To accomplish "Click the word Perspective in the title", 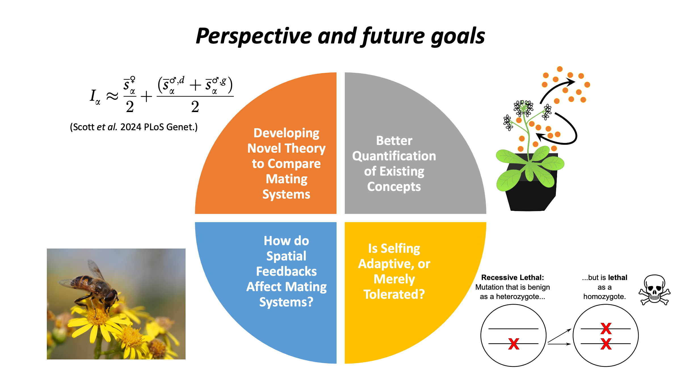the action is [254, 36].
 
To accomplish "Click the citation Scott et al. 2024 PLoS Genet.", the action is [134, 127].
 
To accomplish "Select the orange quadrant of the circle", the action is [272, 159].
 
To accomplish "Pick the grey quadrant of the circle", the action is [409, 159].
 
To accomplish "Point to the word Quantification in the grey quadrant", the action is [394, 156].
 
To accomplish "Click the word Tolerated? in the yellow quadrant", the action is [394, 294].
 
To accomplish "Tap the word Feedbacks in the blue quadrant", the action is [286, 271].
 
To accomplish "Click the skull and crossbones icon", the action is [654, 290].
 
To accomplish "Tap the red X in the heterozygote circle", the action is [514, 344].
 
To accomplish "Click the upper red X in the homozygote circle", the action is [606, 329].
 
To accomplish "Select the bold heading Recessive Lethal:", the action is [512, 277].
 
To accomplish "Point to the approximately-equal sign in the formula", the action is [112, 96].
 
